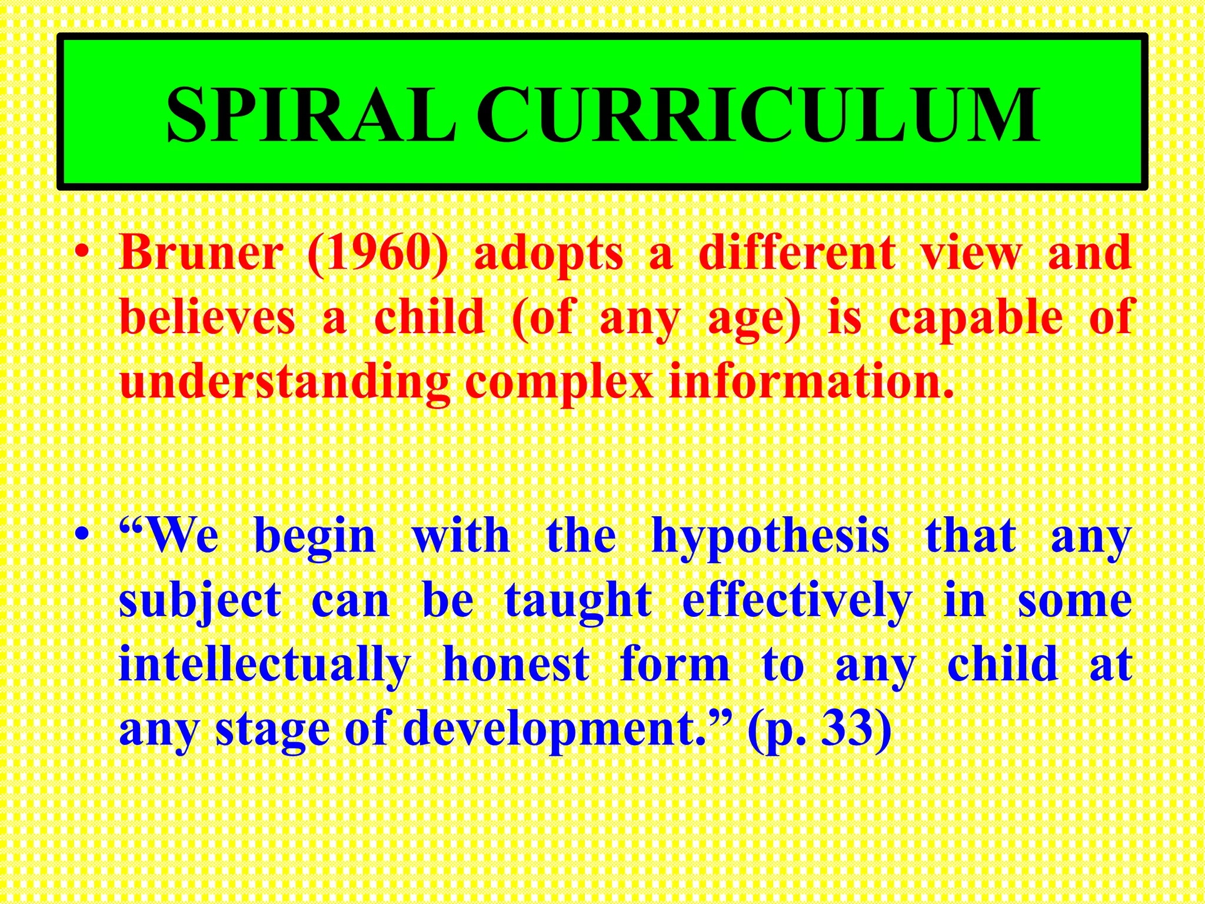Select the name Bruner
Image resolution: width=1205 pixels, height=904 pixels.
(201, 253)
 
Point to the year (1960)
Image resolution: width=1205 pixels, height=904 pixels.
(377, 253)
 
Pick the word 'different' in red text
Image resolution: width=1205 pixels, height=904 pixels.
(797, 253)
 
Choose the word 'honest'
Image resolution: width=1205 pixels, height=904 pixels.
(515, 665)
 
